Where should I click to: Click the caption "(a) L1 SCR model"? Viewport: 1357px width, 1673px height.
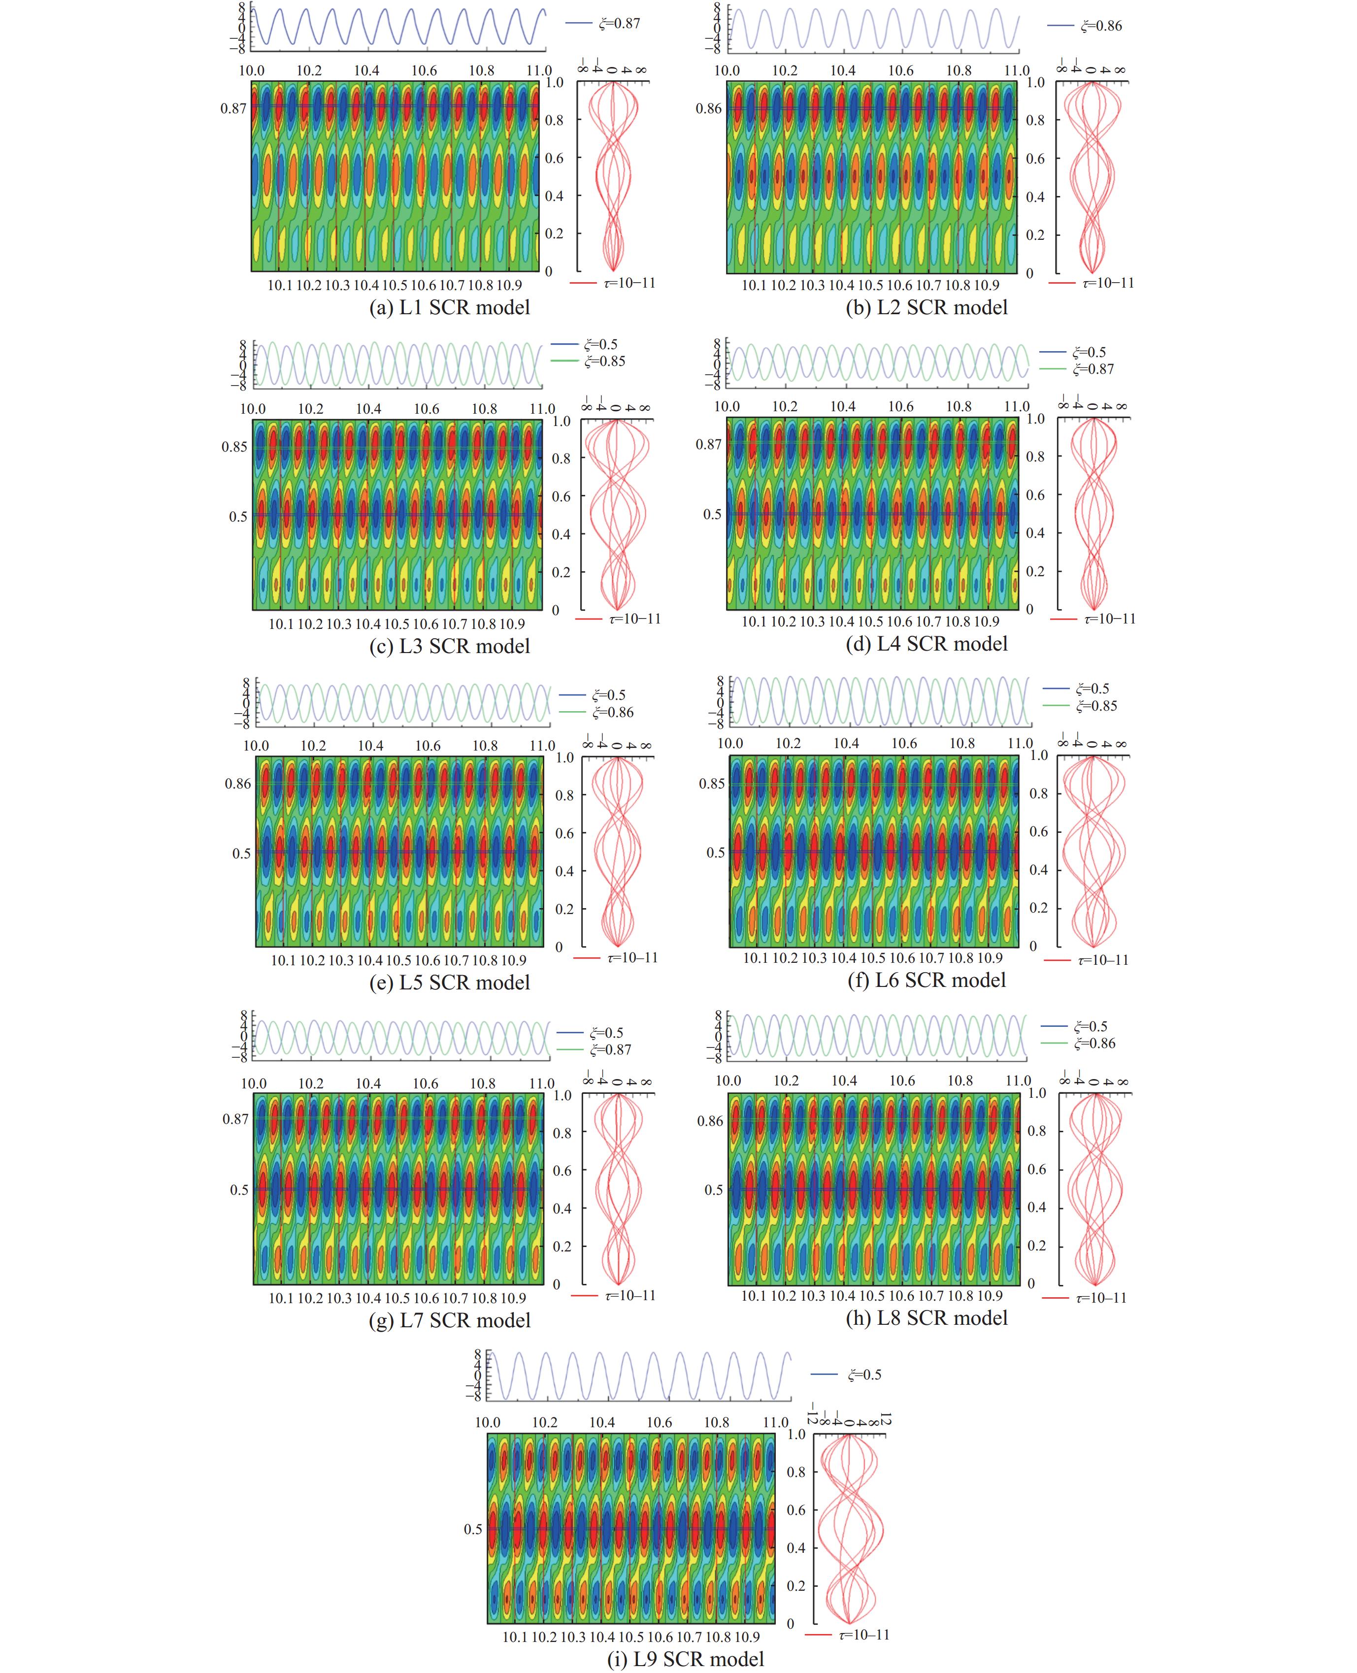click(x=450, y=307)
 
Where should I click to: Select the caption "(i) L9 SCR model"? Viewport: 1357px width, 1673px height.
click(x=686, y=1658)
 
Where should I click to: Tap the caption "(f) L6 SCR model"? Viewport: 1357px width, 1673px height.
click(x=927, y=980)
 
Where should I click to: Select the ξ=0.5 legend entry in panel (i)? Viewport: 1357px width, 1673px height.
click(x=864, y=1375)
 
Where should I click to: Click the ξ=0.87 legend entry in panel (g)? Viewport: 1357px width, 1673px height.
click(x=610, y=1050)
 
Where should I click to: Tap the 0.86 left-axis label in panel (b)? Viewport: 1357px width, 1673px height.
click(x=709, y=109)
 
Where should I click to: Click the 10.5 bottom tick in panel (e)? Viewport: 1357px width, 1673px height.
click(x=398, y=960)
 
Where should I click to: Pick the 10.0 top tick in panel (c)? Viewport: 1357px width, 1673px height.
click(x=253, y=409)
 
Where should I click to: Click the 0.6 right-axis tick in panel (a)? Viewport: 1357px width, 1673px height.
click(x=554, y=158)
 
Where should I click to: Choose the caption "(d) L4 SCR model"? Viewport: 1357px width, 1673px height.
click(x=927, y=643)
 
